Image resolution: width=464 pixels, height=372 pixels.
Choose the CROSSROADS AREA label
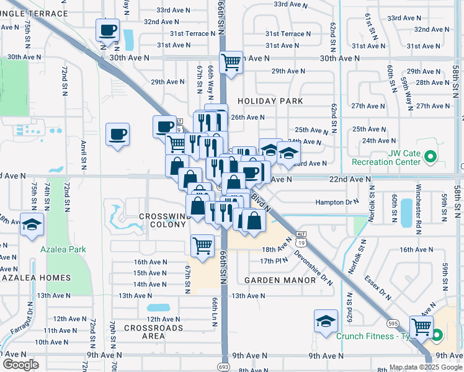(153, 332)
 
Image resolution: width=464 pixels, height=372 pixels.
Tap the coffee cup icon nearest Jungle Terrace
(108, 29)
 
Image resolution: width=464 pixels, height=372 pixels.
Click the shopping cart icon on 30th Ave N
(231, 61)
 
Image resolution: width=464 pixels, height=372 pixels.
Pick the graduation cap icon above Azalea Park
(31, 224)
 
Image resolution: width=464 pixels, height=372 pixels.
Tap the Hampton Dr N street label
(337, 202)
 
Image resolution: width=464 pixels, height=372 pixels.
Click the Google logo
(20, 365)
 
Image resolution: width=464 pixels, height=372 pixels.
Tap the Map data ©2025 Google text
(425, 367)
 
